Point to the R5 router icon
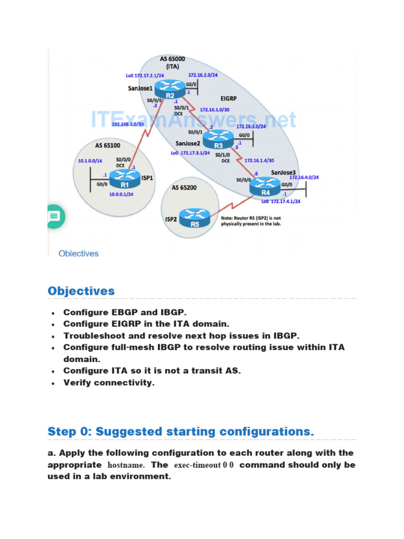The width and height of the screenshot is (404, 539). coord(195,218)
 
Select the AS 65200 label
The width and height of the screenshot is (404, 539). coord(184,187)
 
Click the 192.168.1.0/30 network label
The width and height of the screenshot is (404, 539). coord(128,124)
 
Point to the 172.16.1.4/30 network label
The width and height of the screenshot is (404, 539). coord(259,160)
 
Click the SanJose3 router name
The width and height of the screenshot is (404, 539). coord(284,173)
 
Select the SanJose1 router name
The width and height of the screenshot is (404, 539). coord(140,88)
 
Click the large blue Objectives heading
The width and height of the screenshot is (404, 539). coord(81,291)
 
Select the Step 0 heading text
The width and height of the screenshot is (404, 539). coord(180,432)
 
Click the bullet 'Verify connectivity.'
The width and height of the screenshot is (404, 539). coord(109,383)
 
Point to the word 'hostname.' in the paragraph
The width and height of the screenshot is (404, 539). coord(126,465)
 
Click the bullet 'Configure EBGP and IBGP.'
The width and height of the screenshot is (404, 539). coord(125,312)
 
